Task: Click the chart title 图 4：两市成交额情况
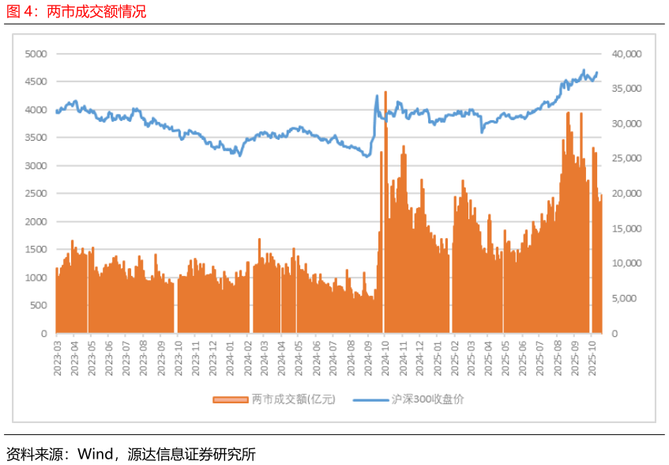(76, 12)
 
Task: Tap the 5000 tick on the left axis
(36, 54)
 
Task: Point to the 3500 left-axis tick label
(36, 138)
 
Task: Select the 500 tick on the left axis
(39, 305)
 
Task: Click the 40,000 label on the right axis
(627, 54)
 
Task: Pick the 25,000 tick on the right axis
(627, 159)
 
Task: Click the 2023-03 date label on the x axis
(57, 360)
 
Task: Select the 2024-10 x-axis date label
(385, 360)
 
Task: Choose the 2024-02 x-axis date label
(247, 360)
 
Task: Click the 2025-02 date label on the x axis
(455, 360)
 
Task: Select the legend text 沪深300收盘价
(428, 399)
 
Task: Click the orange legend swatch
(230, 400)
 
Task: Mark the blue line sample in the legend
(370, 400)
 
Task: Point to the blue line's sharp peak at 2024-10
(377, 96)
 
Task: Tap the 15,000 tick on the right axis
(627, 229)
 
